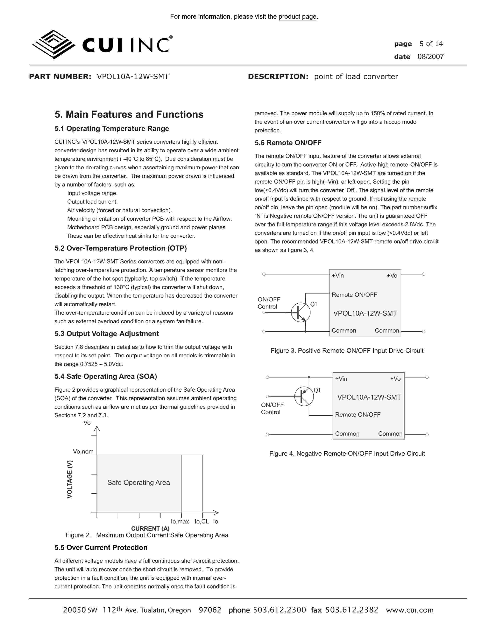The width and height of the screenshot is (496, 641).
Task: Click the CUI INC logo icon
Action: (53, 45)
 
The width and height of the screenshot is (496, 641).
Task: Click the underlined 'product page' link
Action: (297, 17)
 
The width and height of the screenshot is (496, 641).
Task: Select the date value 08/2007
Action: (430, 57)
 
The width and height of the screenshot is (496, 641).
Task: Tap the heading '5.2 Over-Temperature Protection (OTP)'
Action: (120, 248)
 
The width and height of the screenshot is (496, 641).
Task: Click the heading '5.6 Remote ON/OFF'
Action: (288, 143)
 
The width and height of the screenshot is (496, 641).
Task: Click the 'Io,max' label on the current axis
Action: (180, 521)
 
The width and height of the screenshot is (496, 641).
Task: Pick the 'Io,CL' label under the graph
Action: (202, 521)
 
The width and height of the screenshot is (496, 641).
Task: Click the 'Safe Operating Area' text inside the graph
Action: (138, 482)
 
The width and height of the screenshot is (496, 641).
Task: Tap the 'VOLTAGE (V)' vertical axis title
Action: (70, 479)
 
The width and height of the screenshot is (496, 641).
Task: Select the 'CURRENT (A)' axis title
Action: (150, 528)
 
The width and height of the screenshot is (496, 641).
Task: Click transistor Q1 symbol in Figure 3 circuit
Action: (301, 312)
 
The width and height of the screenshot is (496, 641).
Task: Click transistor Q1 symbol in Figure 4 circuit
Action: (304, 396)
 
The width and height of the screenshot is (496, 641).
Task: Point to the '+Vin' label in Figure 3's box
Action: (338, 276)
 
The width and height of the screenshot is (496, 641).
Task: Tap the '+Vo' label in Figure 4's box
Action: (395, 379)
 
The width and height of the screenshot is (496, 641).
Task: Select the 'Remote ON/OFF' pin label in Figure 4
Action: (358, 415)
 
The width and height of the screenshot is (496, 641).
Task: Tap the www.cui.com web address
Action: (410, 610)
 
